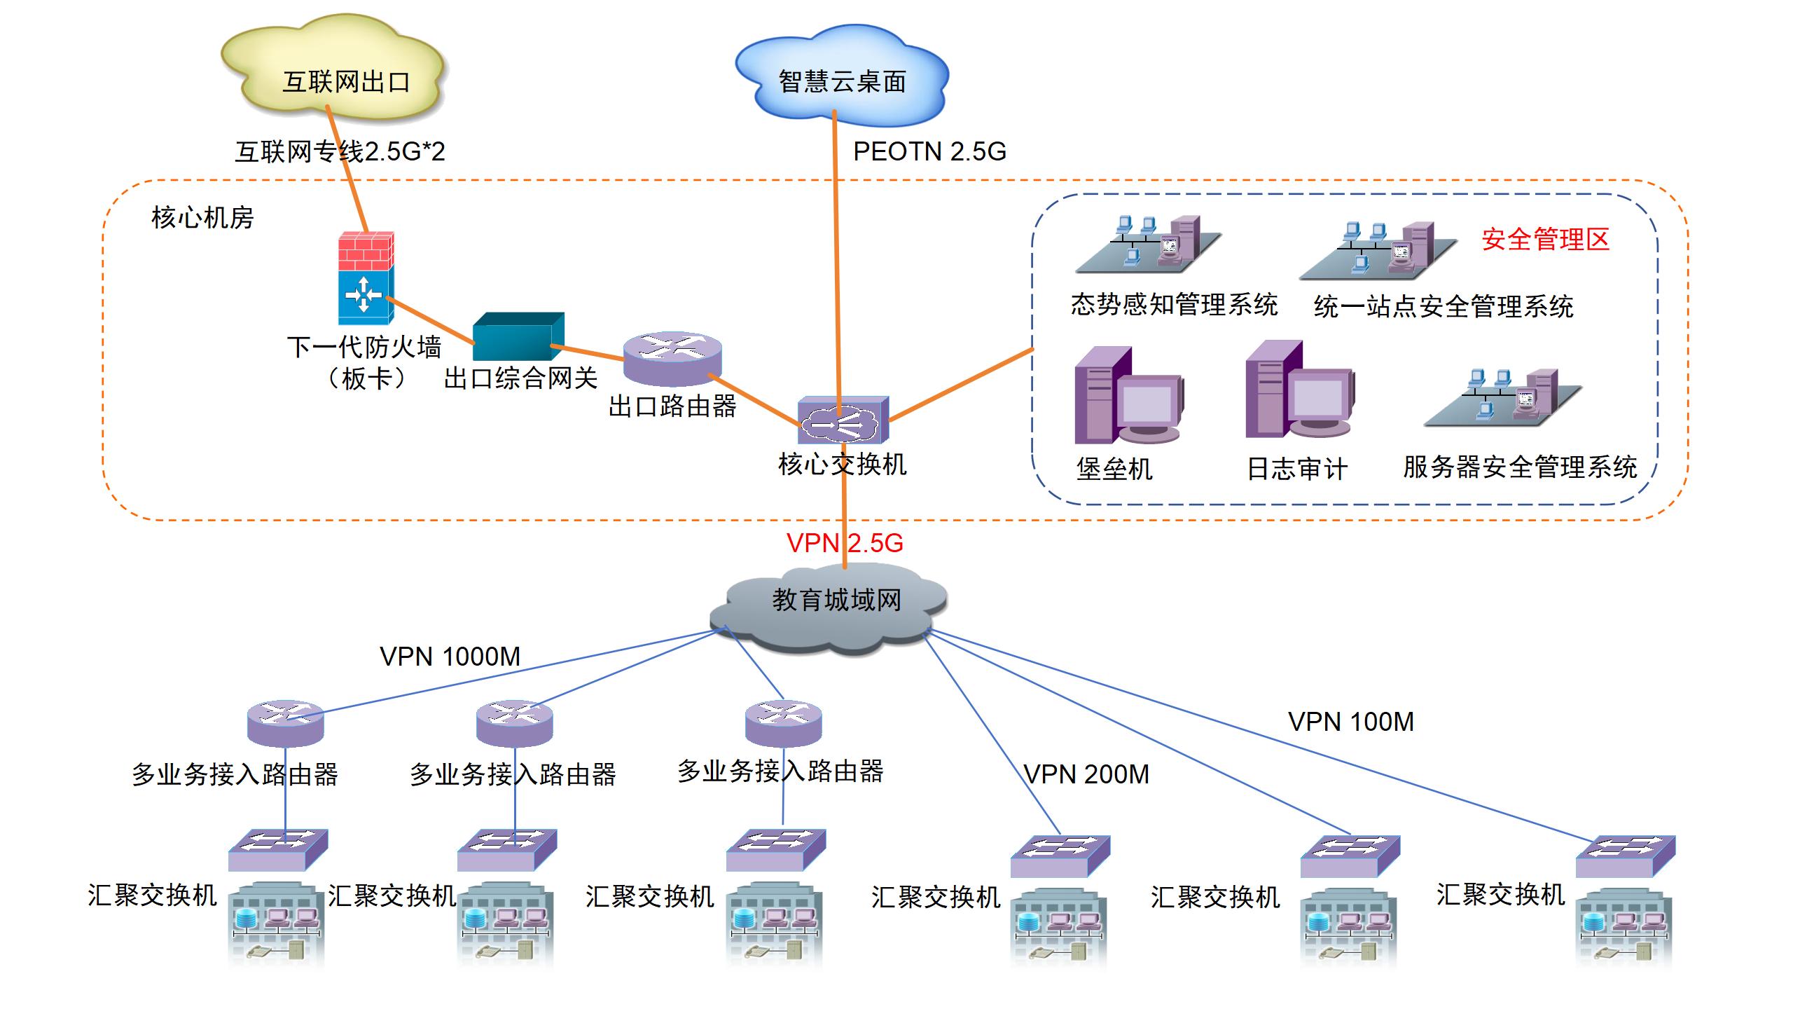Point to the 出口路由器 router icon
[672, 358]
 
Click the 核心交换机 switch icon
[843, 420]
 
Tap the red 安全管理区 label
[1545, 240]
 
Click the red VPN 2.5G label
[845, 543]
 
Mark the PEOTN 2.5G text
[929, 151]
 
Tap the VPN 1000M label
[450, 657]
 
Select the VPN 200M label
[1086, 774]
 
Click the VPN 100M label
[1350, 722]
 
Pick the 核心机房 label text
[202, 218]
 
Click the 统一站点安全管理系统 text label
[1444, 306]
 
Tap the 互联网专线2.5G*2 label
[340, 151]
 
